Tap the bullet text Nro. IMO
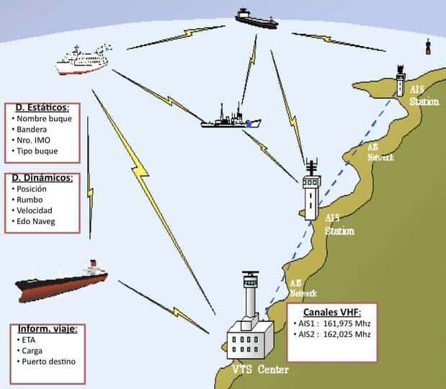35,140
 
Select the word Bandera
33,129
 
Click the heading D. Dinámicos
43,178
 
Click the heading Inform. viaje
47,328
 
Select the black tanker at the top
256,17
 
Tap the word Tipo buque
37,151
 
